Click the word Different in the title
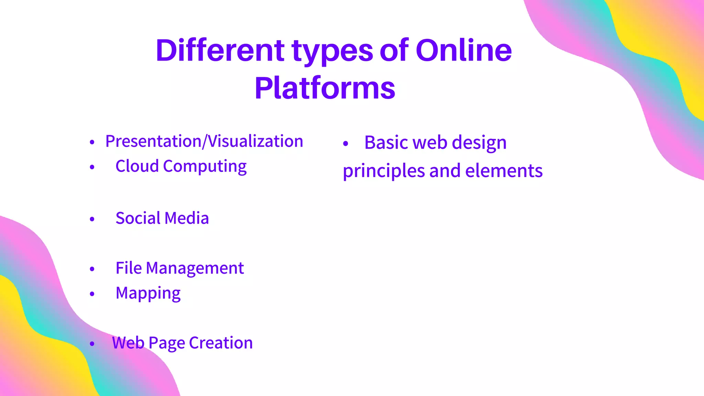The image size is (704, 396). [x=220, y=51]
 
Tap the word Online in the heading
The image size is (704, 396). [x=464, y=51]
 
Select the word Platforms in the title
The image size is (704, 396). [x=325, y=88]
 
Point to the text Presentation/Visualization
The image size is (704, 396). [x=204, y=141]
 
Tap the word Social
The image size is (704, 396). [x=138, y=218]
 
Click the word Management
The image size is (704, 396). [x=195, y=268]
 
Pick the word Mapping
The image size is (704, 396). [x=148, y=294]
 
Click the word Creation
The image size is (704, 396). [x=221, y=343]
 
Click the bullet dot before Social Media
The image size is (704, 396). [x=92, y=219]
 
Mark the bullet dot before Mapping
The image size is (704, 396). [x=92, y=294]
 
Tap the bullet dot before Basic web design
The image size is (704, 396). [x=346, y=144]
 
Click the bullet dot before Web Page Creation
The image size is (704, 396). [x=92, y=343]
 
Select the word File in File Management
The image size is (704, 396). [x=129, y=268]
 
